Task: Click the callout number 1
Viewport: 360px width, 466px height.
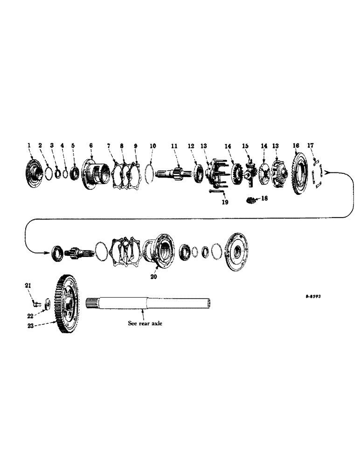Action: tap(29, 146)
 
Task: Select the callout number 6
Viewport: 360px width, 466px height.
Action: tap(91, 146)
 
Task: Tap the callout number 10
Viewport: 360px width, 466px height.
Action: tap(153, 146)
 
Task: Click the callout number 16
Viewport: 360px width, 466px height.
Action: tap(296, 146)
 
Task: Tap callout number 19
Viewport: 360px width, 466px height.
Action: tap(225, 203)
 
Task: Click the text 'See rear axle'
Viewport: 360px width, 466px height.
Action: tap(145, 323)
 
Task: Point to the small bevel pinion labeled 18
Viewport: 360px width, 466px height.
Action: tap(252, 200)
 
